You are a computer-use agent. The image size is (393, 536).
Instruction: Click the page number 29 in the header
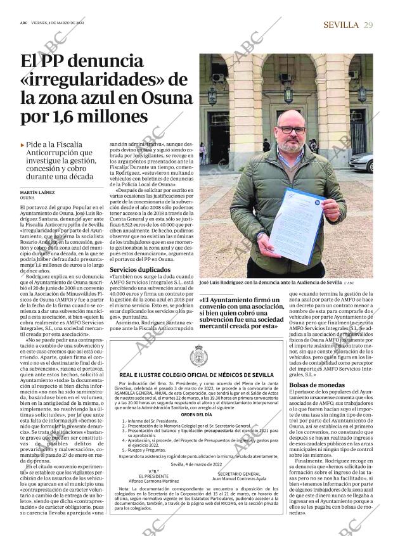point(368,24)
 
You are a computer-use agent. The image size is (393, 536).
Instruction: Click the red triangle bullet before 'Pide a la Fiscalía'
point(23,145)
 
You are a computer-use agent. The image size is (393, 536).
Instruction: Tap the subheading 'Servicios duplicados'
point(136,269)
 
